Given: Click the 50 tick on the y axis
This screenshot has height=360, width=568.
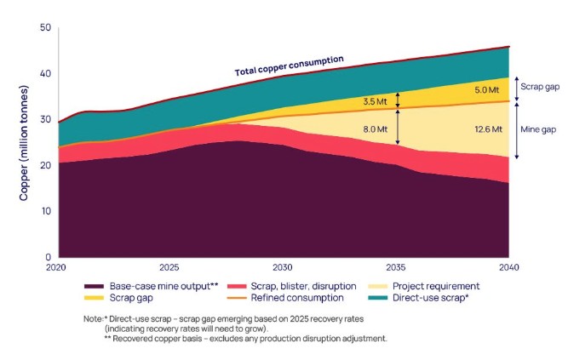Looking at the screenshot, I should [x=44, y=28].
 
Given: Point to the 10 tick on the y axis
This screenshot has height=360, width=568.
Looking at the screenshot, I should [x=44, y=211].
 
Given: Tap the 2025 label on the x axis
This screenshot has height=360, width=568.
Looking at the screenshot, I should [x=169, y=266].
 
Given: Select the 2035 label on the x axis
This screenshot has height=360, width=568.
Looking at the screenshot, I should [x=396, y=266].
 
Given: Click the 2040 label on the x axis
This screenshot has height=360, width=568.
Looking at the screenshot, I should [x=509, y=266].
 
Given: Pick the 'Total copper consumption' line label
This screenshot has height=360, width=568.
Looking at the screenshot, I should [x=289, y=66].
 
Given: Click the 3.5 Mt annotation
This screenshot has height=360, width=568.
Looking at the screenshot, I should [x=376, y=101].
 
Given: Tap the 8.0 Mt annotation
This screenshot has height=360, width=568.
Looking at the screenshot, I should [x=376, y=130].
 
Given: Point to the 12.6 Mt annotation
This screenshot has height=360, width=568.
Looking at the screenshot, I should [x=486, y=129].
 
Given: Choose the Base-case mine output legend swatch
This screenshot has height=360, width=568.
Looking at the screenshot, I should [x=96, y=286].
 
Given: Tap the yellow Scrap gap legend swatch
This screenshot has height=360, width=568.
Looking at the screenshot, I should [x=96, y=298].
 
